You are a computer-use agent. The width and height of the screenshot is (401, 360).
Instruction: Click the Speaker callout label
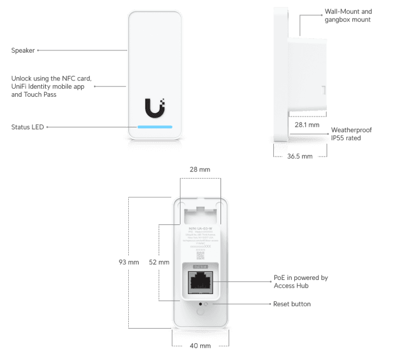(x=23, y=50)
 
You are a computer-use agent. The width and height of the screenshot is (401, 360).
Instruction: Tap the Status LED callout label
(x=28, y=126)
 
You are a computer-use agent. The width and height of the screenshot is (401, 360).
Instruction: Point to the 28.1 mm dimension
(x=307, y=125)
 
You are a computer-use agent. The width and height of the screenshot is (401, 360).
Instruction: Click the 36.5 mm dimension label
(x=299, y=156)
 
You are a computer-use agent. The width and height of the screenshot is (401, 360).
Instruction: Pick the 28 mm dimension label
(x=200, y=169)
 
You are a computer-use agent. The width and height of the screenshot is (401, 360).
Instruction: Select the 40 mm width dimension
(x=200, y=347)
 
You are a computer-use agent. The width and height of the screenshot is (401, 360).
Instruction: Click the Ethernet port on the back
(x=200, y=282)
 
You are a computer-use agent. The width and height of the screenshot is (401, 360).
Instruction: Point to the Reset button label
(x=291, y=304)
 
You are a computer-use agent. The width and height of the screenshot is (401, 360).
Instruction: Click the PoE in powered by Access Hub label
(x=300, y=282)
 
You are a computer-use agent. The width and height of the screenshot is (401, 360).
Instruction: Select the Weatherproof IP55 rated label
(x=351, y=134)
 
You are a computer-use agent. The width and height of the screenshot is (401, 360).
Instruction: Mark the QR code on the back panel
(x=200, y=255)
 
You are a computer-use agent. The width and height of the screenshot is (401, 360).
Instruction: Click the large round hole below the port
(x=200, y=311)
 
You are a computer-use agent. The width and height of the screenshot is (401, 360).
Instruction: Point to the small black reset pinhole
(x=200, y=303)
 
